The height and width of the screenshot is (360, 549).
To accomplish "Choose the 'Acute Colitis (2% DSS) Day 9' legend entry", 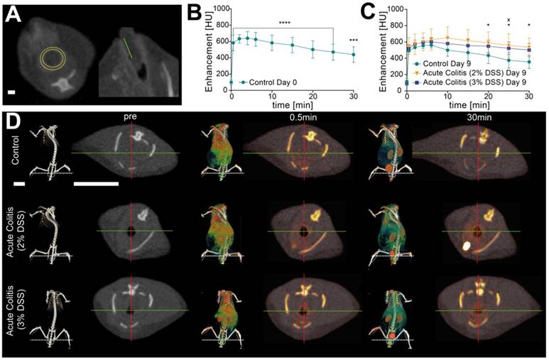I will tap(483, 73).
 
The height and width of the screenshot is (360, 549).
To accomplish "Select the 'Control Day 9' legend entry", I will tap(460, 63).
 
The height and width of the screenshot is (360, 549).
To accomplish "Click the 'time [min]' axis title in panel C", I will tap(468, 104).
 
